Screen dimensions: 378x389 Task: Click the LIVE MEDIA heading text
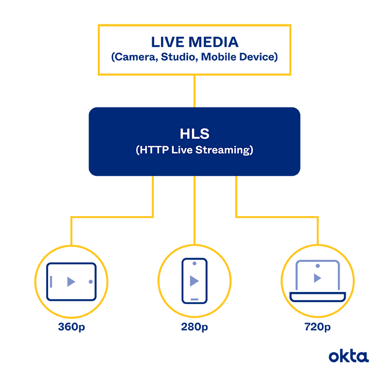[194, 42]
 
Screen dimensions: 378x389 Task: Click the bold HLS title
[194, 134]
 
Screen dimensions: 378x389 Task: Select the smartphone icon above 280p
[194, 281]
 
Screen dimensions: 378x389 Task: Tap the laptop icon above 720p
[317, 280]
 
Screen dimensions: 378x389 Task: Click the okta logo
[348, 356]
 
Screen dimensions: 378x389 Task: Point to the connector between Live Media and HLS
[194, 91]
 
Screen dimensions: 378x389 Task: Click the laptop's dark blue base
[317, 295]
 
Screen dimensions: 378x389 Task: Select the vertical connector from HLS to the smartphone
[194, 209]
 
